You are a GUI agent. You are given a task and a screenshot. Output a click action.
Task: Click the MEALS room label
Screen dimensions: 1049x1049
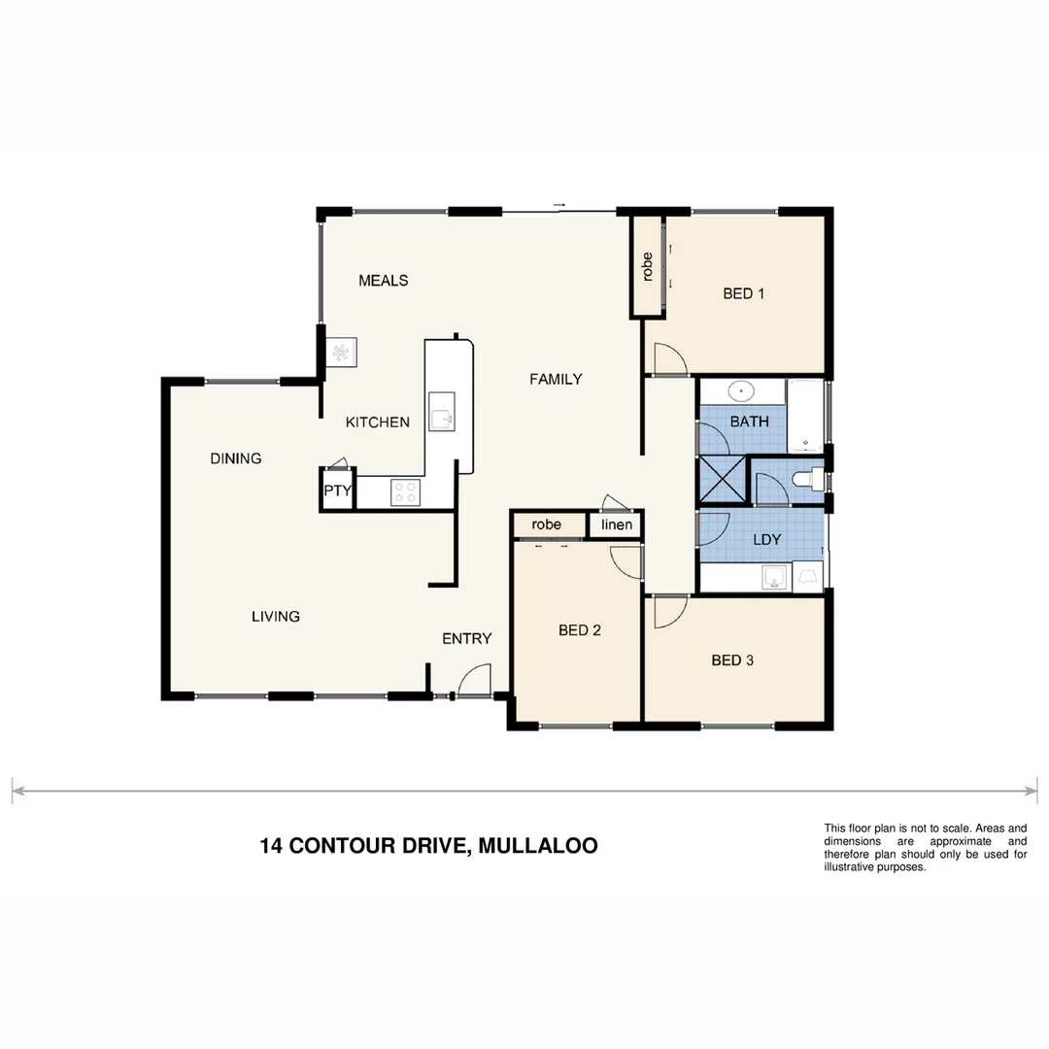(x=383, y=281)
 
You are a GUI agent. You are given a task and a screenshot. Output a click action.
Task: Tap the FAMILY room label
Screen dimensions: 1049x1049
(x=556, y=379)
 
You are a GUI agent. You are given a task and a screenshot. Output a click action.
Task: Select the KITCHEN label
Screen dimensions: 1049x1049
(x=378, y=423)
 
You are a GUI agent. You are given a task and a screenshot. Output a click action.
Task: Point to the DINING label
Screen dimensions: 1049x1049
(x=236, y=458)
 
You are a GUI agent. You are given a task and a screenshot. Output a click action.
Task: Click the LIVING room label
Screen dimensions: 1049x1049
(x=276, y=616)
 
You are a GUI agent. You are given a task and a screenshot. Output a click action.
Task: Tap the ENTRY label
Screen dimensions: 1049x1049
(x=466, y=638)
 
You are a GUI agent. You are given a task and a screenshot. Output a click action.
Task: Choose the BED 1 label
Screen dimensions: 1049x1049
(x=743, y=293)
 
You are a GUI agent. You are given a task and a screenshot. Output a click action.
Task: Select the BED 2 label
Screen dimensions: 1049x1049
(x=580, y=630)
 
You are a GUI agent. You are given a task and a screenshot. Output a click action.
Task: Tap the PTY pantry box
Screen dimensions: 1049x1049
(x=337, y=491)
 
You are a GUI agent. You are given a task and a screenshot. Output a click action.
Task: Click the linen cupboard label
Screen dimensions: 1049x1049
(x=617, y=524)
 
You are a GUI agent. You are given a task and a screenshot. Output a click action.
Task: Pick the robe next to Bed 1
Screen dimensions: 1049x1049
(x=647, y=267)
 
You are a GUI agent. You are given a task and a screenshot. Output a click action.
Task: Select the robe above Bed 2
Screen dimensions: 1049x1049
(x=547, y=524)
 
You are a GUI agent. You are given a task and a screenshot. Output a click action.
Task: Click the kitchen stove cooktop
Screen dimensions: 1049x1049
(x=405, y=492)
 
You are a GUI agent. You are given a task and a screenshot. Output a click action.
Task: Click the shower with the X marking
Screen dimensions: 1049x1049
(x=724, y=480)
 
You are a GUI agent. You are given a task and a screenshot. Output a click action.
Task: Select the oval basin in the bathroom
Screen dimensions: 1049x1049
(x=742, y=392)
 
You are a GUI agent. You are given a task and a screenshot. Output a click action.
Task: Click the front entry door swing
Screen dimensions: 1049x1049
(x=474, y=680)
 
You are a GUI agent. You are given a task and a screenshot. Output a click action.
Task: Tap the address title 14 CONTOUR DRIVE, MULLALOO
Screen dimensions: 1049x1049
(x=428, y=846)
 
